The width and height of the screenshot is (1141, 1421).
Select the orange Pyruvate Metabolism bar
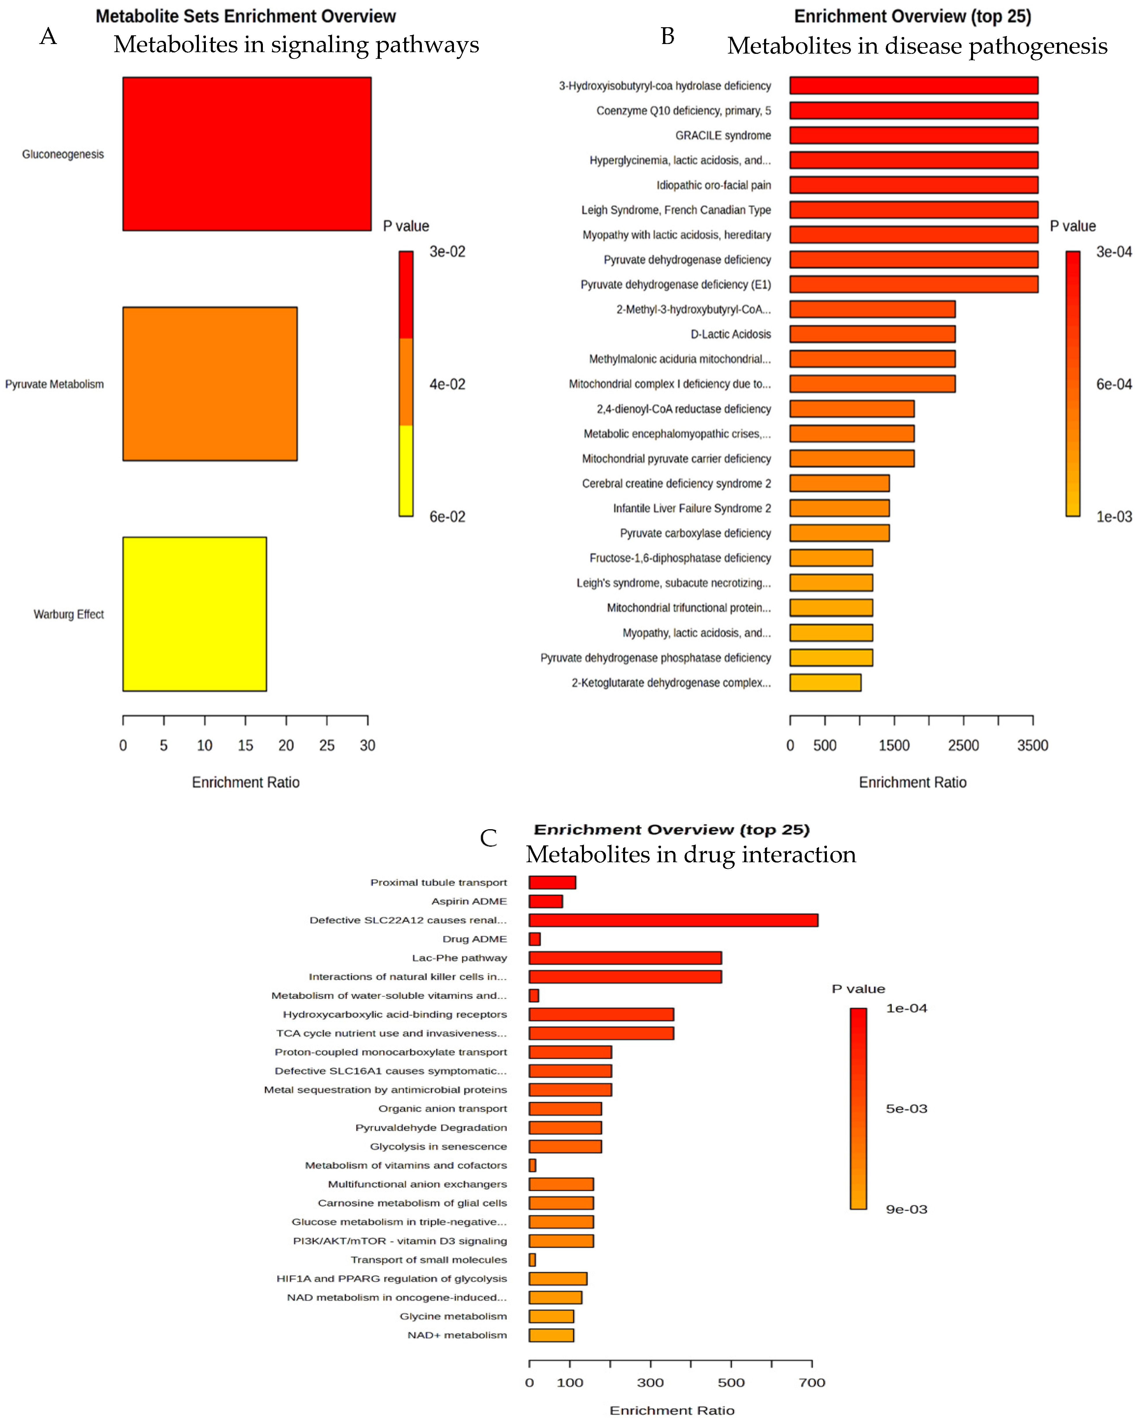(210, 384)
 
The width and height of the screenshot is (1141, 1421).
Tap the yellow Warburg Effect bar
(195, 614)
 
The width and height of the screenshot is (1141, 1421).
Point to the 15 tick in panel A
(245, 746)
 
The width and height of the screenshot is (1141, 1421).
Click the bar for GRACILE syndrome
(914, 135)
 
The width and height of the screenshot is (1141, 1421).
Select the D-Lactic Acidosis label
(730, 334)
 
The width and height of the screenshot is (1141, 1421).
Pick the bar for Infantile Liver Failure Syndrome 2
(839, 508)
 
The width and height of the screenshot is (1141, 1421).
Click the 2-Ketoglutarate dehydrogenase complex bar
(825, 683)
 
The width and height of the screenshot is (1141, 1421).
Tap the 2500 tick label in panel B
(963, 746)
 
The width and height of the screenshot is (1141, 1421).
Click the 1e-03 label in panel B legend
(1113, 517)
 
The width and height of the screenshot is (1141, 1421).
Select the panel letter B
(667, 36)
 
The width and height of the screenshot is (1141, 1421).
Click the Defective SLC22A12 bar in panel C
(673, 920)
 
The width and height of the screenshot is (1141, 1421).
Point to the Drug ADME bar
(534, 939)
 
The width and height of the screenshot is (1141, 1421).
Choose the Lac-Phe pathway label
(459, 958)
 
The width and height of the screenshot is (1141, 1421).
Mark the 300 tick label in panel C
(650, 1383)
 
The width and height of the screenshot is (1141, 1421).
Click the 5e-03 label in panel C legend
(906, 1109)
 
